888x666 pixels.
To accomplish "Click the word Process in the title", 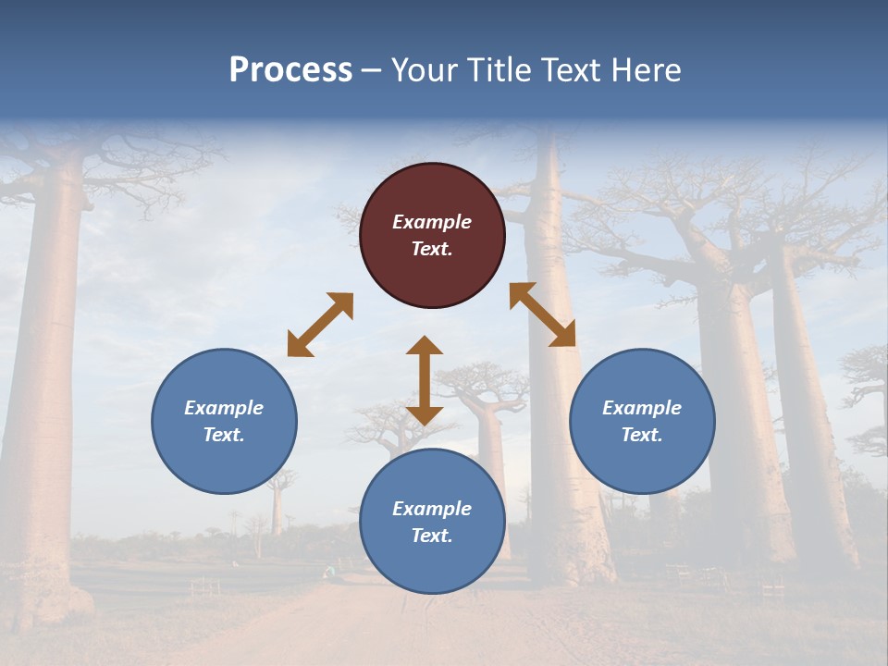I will (x=290, y=70).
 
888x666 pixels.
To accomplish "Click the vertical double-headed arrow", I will (x=425, y=380).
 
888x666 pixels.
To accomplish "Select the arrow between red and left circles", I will (x=320, y=325).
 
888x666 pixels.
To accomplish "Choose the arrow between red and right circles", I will (x=542, y=314).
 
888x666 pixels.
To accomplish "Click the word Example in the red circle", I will (x=432, y=222).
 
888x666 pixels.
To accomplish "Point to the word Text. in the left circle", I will (x=224, y=435).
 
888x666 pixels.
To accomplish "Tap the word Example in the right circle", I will (x=642, y=408).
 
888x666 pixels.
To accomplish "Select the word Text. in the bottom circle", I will (x=432, y=536).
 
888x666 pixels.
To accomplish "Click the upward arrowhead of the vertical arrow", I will (x=425, y=346).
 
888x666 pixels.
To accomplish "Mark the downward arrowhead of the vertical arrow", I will (x=425, y=414).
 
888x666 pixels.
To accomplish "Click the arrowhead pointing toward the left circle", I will (x=299, y=345).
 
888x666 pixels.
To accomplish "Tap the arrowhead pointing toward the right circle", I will (x=563, y=336).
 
